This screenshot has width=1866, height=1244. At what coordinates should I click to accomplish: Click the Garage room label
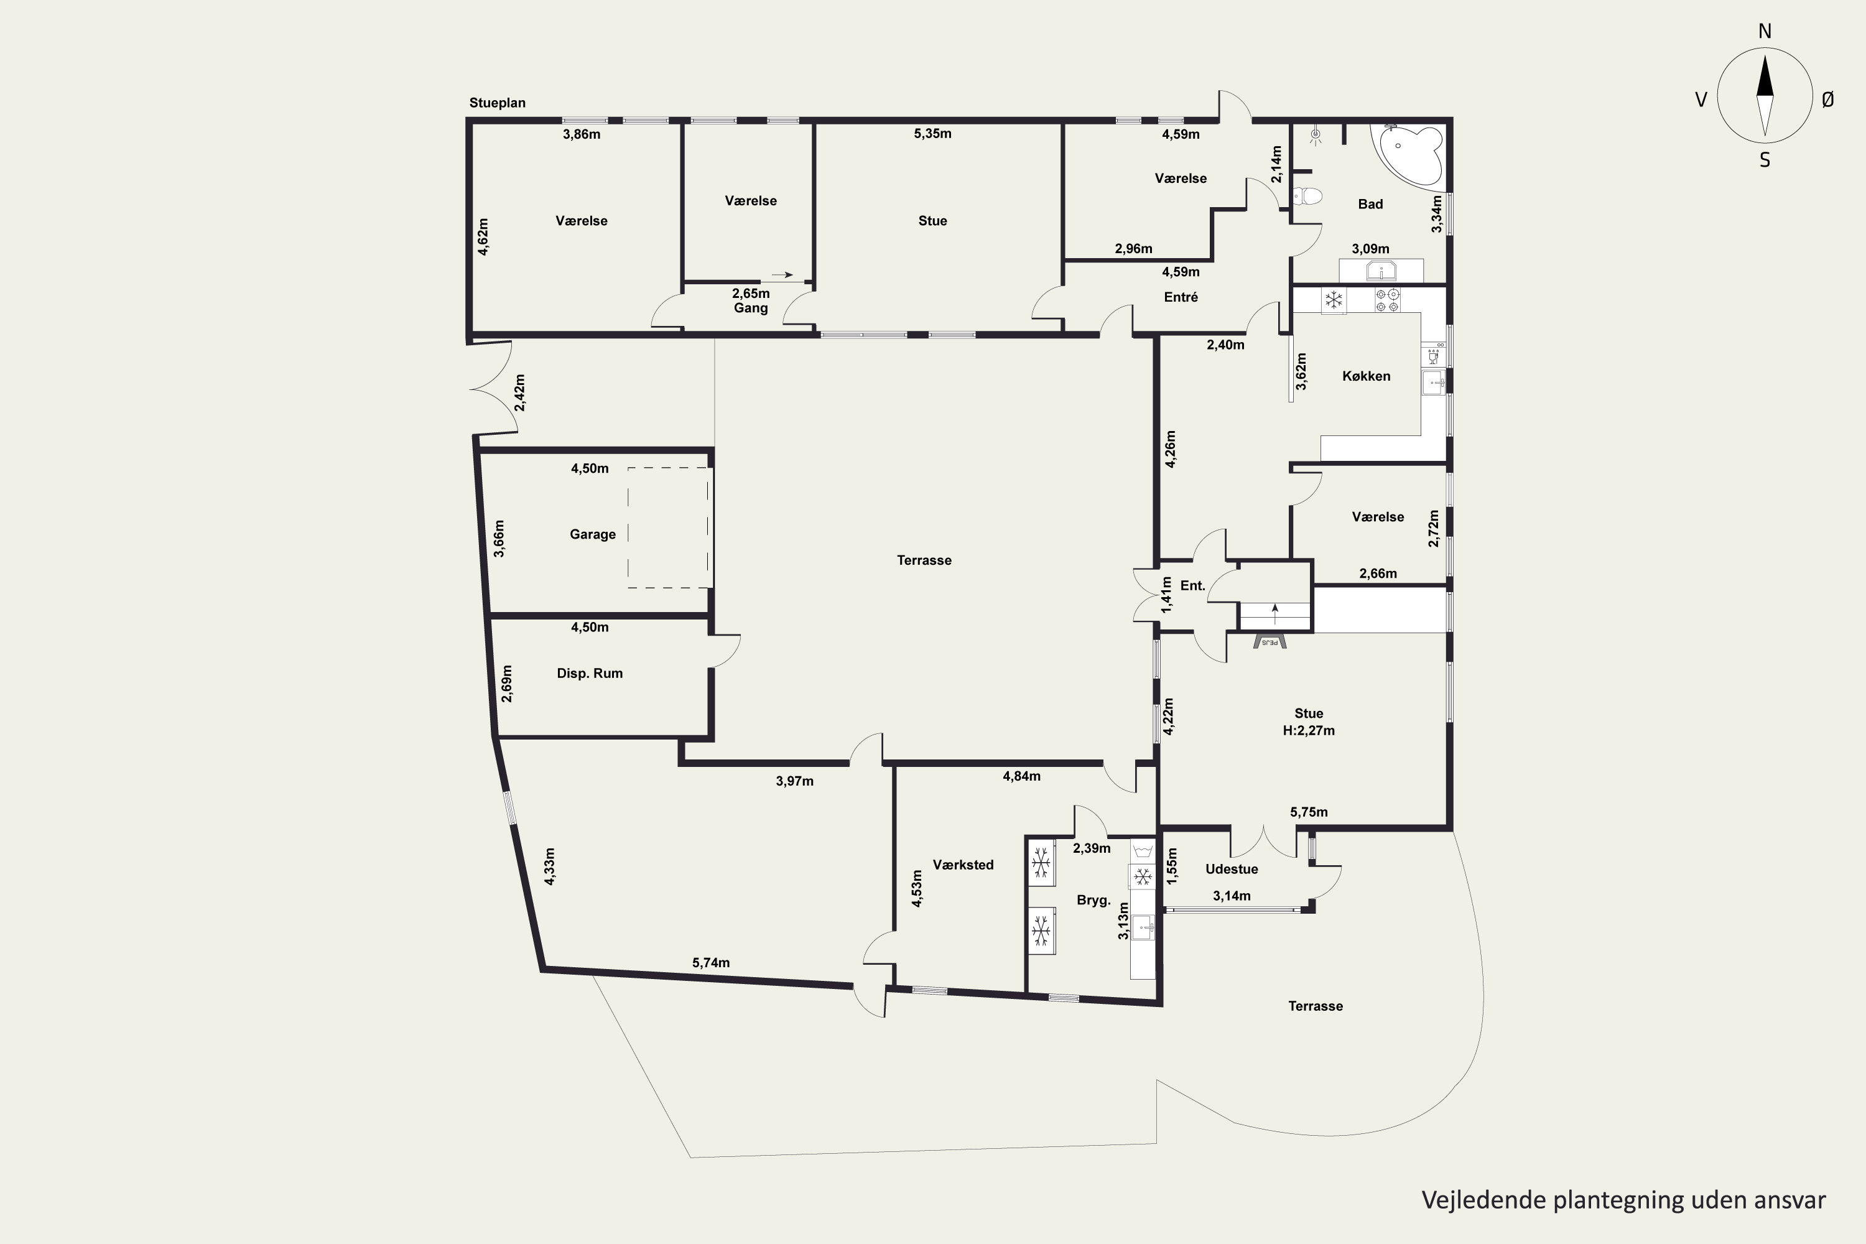coord(593,535)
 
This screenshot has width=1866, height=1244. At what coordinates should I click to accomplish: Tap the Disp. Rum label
coord(590,674)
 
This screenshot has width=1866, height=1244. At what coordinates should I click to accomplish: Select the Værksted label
coord(963,865)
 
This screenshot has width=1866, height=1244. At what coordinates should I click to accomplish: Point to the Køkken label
coord(1366,376)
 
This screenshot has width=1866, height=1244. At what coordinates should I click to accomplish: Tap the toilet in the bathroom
coord(1307,196)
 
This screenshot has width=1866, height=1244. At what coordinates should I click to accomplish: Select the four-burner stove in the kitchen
coord(1388,300)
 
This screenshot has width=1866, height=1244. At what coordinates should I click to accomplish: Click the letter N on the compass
coord(1765,31)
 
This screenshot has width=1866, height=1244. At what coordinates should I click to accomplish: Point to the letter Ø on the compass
coord(1828,99)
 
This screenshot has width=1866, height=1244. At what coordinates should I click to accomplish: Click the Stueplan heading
coord(498,103)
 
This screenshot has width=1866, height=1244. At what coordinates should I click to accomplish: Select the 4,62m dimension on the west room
coord(483,236)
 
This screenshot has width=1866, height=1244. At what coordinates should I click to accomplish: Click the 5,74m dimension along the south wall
coord(711,963)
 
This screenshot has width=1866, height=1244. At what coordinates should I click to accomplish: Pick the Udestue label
coord(1232,870)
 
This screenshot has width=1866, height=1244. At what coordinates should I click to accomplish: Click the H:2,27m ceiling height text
coord(1309,731)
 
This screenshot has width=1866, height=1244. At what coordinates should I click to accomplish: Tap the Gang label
coord(751,309)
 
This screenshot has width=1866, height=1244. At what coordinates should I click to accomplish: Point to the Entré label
coord(1181,297)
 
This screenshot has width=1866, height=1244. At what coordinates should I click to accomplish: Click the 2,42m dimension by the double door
coord(519,392)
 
